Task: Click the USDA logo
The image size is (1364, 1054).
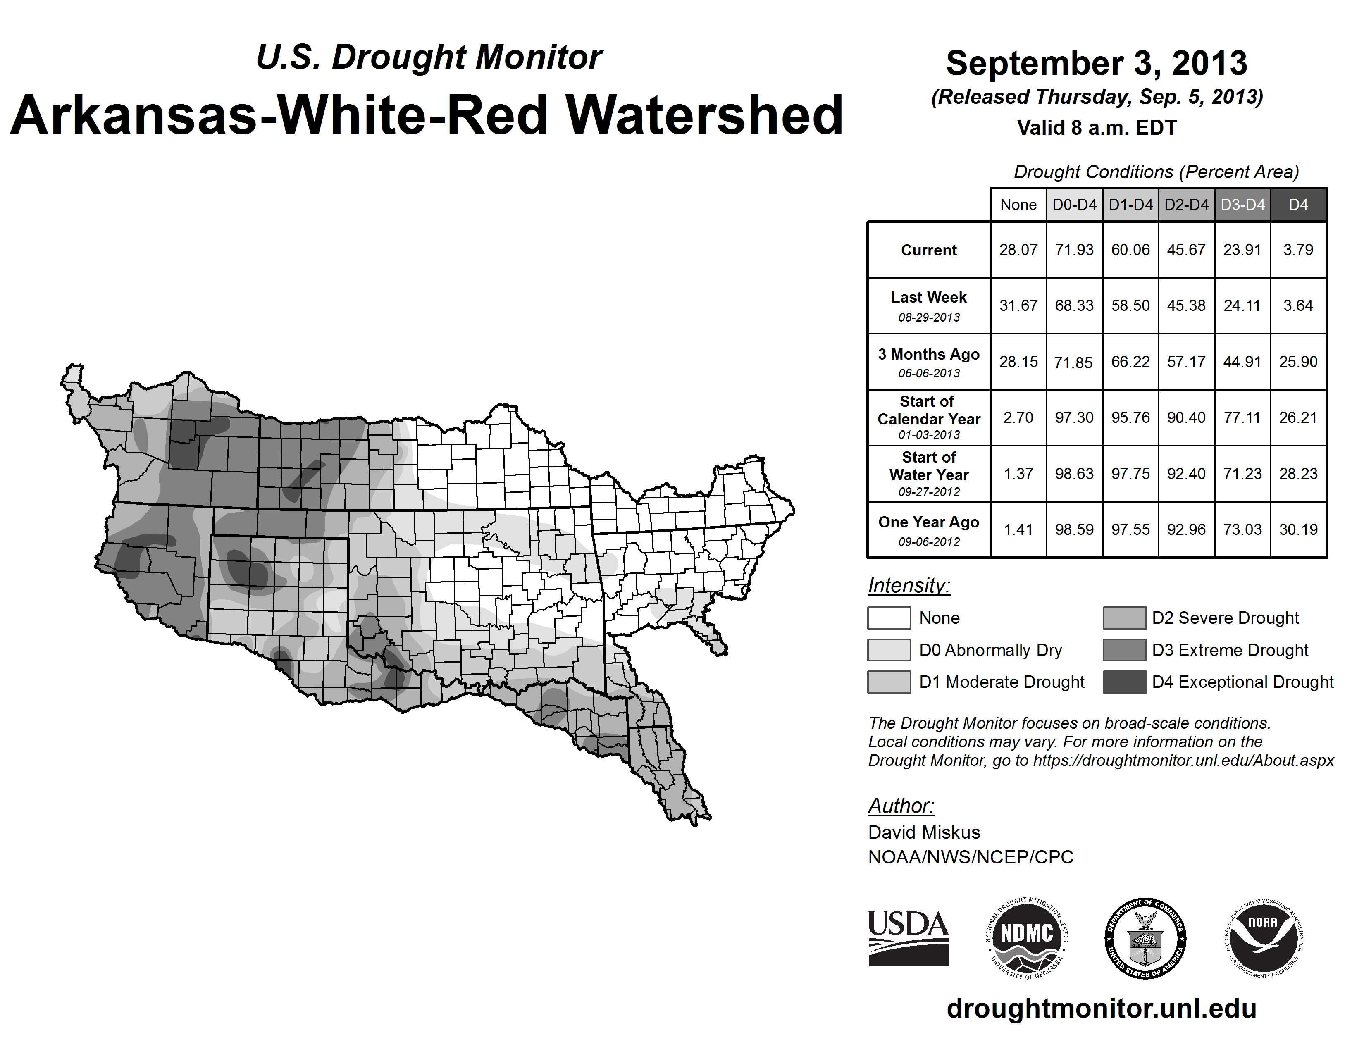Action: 908,938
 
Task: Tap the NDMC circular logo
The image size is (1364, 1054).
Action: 1027,938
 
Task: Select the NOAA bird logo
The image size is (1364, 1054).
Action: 1264,938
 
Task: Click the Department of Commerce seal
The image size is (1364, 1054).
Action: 1145,938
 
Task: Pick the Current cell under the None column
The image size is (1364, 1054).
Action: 1018,250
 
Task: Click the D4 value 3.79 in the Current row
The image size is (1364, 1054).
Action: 1298,250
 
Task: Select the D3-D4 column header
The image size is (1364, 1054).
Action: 1242,205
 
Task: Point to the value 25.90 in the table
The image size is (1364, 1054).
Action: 1298,362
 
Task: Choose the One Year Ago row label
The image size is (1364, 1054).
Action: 929,522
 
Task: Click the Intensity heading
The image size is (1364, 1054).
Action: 909,586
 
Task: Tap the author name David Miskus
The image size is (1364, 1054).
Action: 924,832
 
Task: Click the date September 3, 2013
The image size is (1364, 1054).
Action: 1097,64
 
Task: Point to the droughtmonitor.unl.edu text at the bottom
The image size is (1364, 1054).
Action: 1102,1009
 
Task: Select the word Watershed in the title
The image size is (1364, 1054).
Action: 704,115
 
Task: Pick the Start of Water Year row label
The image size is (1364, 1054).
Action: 929,466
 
